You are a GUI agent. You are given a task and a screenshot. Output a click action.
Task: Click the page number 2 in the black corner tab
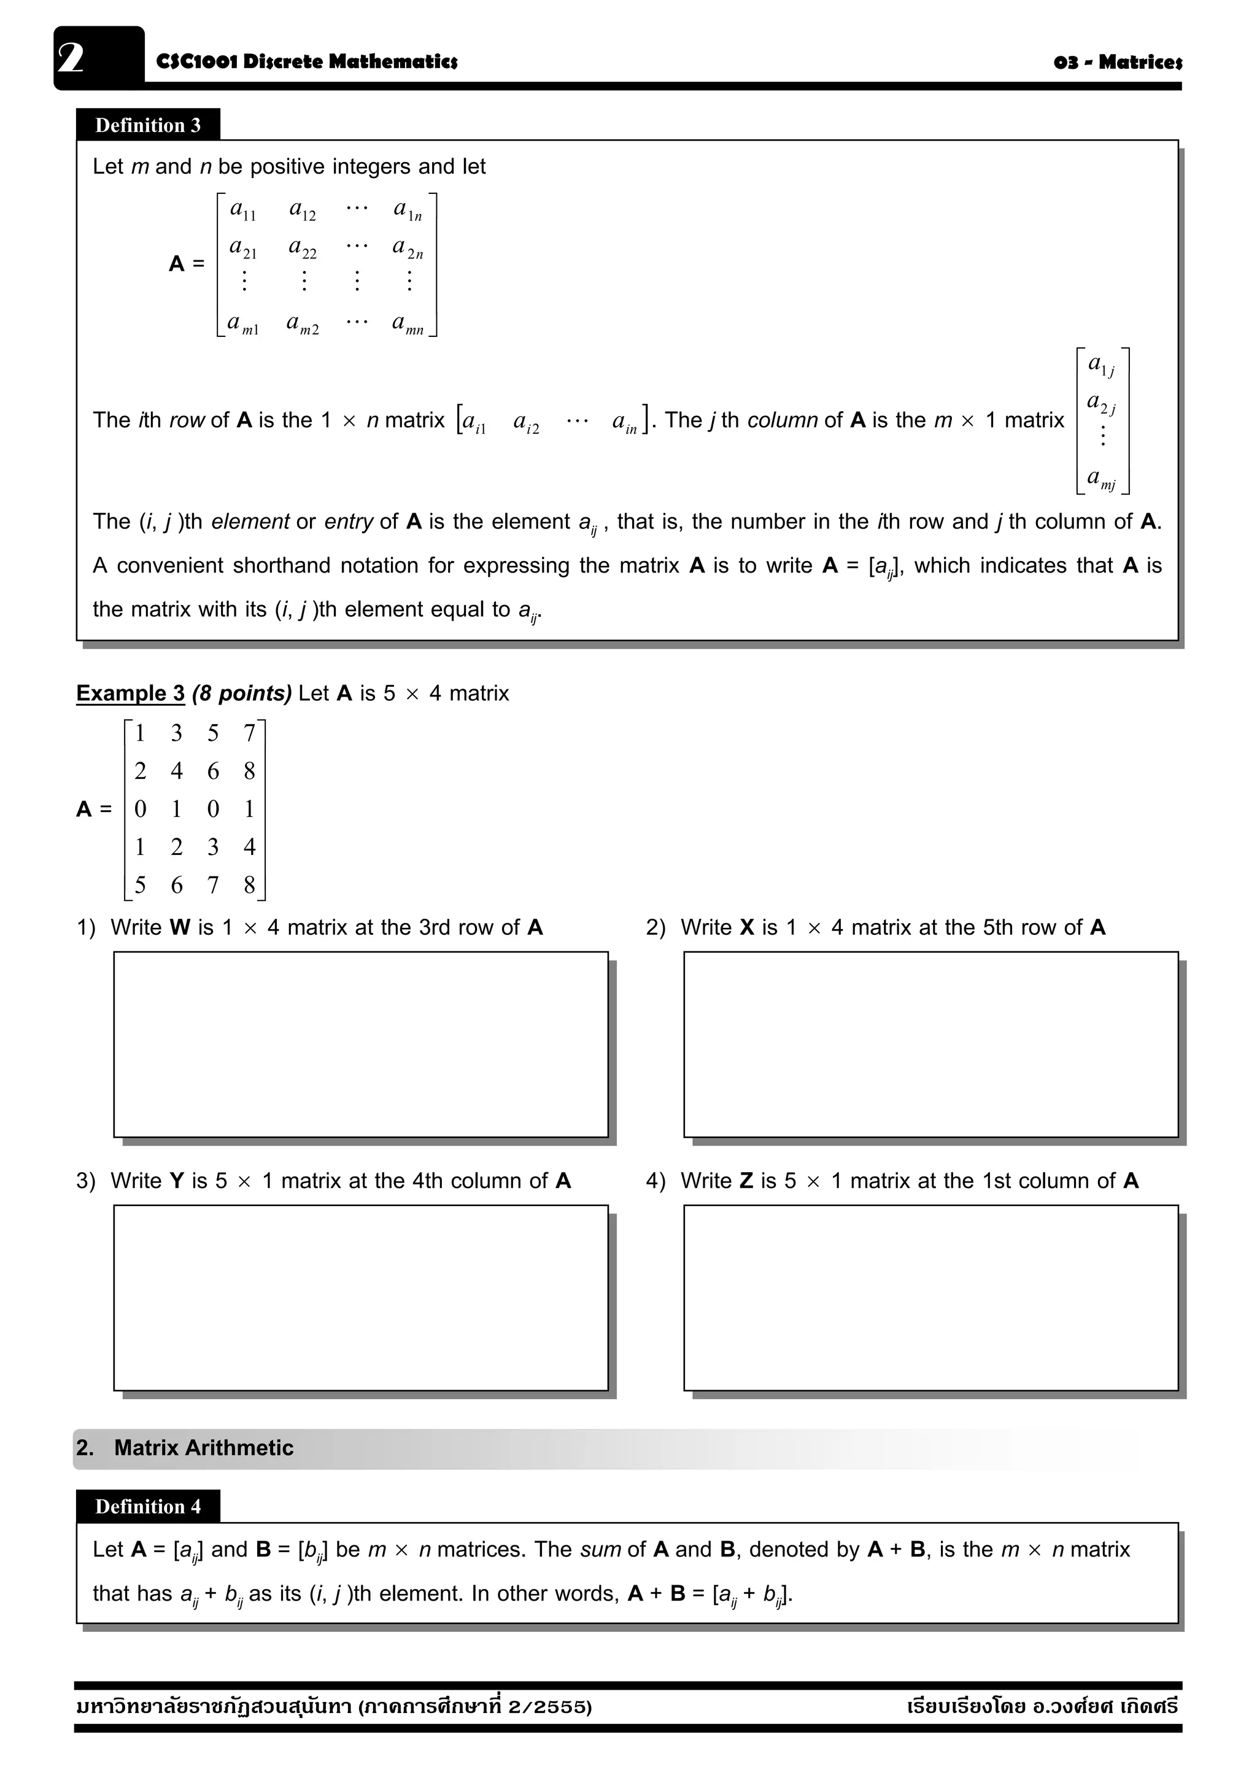(x=71, y=58)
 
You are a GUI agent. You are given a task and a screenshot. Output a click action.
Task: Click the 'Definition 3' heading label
(x=147, y=125)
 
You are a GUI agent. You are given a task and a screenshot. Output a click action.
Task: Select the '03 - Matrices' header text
(x=1117, y=62)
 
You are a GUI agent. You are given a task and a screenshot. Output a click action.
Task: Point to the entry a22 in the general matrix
(x=302, y=248)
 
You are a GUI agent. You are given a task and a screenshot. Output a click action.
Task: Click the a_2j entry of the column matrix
(x=1101, y=403)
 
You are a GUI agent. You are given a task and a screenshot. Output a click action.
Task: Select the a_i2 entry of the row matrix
(x=527, y=423)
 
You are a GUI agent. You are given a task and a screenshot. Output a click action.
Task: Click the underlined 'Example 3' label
(x=130, y=693)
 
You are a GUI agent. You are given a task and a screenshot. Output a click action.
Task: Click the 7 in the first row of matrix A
(x=249, y=733)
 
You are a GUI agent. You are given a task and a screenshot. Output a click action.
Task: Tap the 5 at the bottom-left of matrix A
(x=140, y=884)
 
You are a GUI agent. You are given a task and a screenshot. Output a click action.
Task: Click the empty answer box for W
(x=360, y=1044)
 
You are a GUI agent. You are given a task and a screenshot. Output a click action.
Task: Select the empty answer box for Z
(x=930, y=1297)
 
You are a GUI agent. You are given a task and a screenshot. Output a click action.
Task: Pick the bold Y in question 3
(x=177, y=1180)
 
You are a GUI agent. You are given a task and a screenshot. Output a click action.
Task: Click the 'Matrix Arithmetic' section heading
(x=204, y=1448)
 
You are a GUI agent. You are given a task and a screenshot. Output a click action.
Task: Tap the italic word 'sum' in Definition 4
(x=600, y=1550)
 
